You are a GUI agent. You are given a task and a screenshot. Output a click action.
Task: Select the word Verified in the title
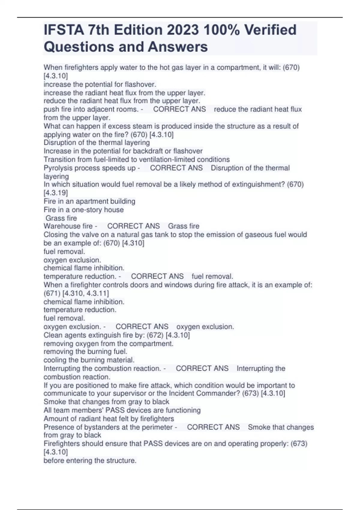click(x=270, y=30)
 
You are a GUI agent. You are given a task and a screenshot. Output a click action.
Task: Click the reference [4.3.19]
click(x=56, y=193)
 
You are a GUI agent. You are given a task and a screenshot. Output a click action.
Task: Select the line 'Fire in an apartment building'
click(x=89, y=201)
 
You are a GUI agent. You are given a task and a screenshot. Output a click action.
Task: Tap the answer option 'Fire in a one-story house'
click(x=83, y=209)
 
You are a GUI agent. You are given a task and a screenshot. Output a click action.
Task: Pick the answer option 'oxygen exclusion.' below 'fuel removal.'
click(x=72, y=260)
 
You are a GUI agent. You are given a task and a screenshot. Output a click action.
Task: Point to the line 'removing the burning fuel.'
click(x=85, y=351)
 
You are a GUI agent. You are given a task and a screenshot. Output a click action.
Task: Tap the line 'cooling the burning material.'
click(x=89, y=360)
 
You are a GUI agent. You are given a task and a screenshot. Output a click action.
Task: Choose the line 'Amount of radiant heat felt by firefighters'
click(x=109, y=418)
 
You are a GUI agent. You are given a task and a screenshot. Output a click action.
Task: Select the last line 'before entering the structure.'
click(x=90, y=460)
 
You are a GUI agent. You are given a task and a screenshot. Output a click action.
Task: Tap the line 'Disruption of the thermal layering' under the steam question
click(x=97, y=142)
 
